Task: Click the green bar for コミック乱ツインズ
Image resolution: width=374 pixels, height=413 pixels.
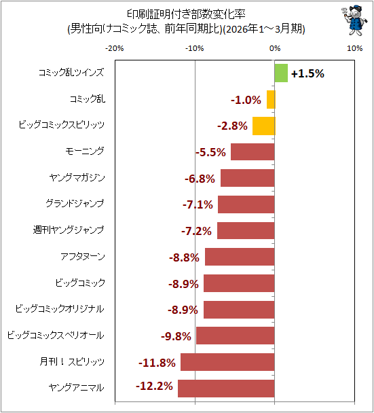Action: tap(281, 73)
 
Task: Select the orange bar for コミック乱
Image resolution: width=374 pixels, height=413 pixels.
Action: tap(271, 100)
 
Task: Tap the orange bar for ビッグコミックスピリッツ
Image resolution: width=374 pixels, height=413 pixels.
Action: tap(264, 126)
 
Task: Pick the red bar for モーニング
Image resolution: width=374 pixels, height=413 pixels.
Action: tap(253, 151)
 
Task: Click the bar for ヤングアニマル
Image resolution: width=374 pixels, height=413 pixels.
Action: tap(226, 389)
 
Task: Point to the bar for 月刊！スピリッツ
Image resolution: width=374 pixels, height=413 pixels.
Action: tap(227, 362)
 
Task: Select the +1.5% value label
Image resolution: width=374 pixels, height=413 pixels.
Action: tap(307, 73)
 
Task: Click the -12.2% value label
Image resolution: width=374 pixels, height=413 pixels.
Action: tap(154, 386)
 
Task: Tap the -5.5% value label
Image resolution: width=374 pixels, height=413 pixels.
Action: tap(210, 152)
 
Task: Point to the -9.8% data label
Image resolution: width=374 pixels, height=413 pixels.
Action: tap(176, 336)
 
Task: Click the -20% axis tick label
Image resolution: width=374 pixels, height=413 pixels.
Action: tap(115, 48)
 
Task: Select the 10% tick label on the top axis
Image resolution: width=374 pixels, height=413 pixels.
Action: tap(354, 48)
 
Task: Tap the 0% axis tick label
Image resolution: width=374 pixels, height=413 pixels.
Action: tap(275, 48)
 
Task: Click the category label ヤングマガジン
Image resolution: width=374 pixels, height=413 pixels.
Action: tap(77, 177)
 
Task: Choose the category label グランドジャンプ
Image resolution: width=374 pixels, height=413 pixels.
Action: tap(75, 204)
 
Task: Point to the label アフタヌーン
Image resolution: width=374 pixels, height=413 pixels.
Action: tap(83, 256)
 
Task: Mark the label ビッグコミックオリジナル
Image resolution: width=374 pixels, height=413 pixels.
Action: tap(60, 308)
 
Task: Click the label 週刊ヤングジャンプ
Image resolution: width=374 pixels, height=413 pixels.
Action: tap(69, 230)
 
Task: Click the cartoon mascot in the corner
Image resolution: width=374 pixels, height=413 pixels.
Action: tap(354, 20)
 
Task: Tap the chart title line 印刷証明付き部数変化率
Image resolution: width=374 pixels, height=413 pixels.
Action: tap(187, 14)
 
